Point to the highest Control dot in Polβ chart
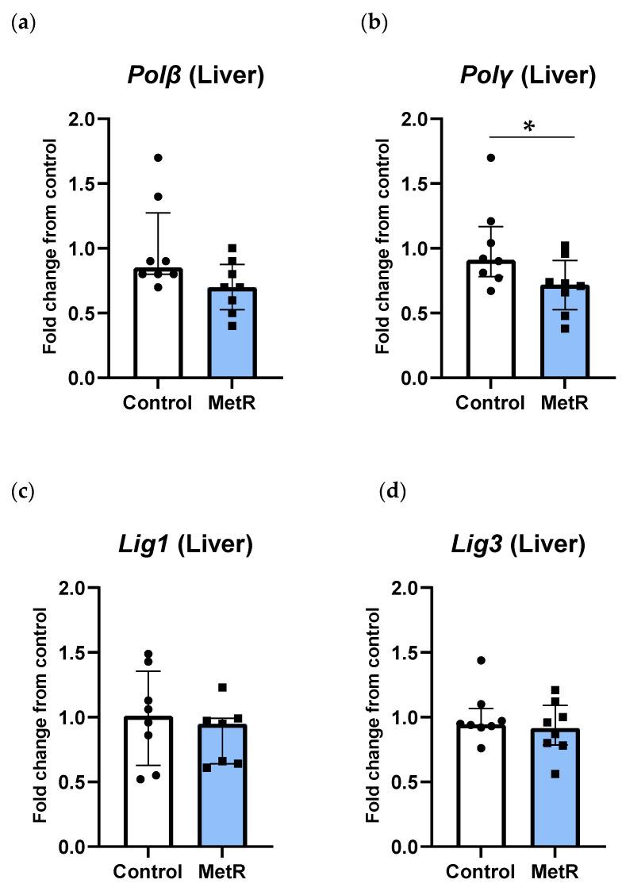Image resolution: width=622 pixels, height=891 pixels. (x=159, y=158)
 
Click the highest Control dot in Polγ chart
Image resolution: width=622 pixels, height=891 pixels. (x=491, y=158)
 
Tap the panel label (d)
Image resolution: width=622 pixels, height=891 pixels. (x=393, y=492)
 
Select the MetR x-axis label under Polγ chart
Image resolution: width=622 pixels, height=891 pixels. (x=564, y=403)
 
